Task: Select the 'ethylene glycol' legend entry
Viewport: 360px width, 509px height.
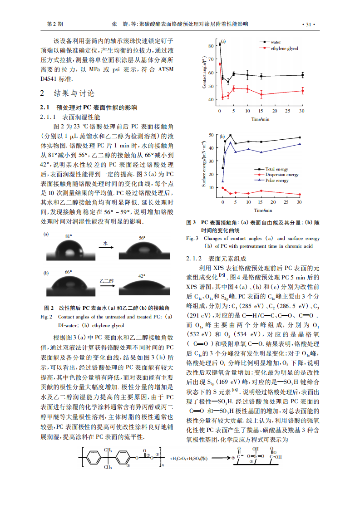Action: (284, 48)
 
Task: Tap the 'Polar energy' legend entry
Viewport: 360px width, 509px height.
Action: (276, 181)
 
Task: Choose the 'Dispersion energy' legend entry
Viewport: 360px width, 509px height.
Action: (281, 175)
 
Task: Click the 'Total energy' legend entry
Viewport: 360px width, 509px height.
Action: (276, 169)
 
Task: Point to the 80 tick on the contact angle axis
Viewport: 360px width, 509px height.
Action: (211, 46)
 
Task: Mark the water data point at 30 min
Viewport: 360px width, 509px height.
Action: (302, 75)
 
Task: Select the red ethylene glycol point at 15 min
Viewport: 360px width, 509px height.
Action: (261, 94)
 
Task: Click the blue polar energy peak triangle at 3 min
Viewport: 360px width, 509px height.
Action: (230, 143)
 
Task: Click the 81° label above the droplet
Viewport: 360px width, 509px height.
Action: (69, 237)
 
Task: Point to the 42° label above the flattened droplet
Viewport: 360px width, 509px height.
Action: (142, 275)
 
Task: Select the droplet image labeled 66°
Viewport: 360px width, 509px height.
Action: (69, 287)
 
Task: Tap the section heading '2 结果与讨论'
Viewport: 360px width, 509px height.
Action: (68, 93)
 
